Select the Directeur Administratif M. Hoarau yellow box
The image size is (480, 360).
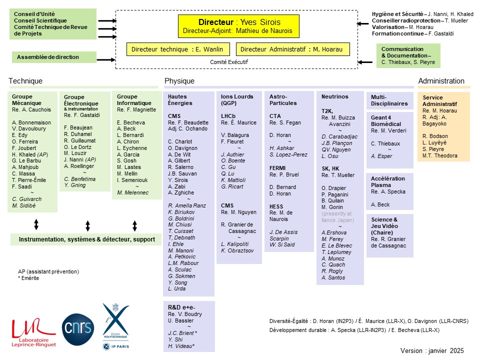pyautogui.click(x=292, y=49)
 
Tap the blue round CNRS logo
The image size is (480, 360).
pyautogui.click(x=78, y=329)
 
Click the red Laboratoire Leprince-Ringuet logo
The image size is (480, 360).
pyautogui.click(x=33, y=333)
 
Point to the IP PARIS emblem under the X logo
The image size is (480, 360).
pyautogui.click(x=115, y=346)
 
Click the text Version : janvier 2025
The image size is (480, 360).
pyautogui.click(x=432, y=350)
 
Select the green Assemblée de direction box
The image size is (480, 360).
pyautogui.click(x=54, y=57)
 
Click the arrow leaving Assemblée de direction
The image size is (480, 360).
pyautogui.click(x=106, y=59)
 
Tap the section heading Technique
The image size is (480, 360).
pyautogui.click(x=25, y=81)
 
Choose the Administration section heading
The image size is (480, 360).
pyautogui.click(x=441, y=81)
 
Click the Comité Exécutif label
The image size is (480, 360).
pyautogui.click(x=229, y=62)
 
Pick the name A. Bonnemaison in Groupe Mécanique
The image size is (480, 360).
pyautogui.click(x=31, y=122)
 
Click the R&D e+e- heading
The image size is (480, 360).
pyautogui.click(x=181, y=307)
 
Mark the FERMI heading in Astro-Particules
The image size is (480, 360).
pyautogui.click(x=277, y=168)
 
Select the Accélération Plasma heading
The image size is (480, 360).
pyautogui.click(x=388, y=181)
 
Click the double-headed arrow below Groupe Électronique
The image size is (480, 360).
pyautogui.click(x=87, y=225)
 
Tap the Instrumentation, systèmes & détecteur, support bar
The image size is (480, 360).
pyautogui.click(x=86, y=239)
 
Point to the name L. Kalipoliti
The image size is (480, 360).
pyautogui.click(x=235, y=244)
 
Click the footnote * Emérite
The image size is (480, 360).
pyautogui.click(x=28, y=278)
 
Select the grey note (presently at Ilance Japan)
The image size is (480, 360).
pyautogui.click(x=337, y=216)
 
